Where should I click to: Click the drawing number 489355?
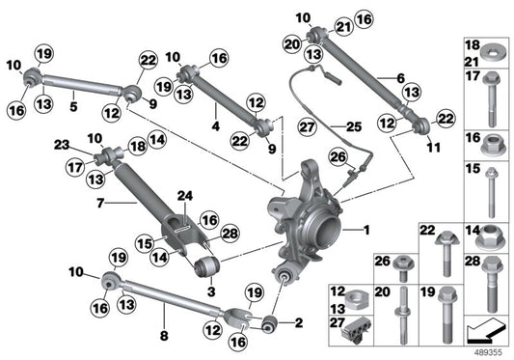tap(489, 352)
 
